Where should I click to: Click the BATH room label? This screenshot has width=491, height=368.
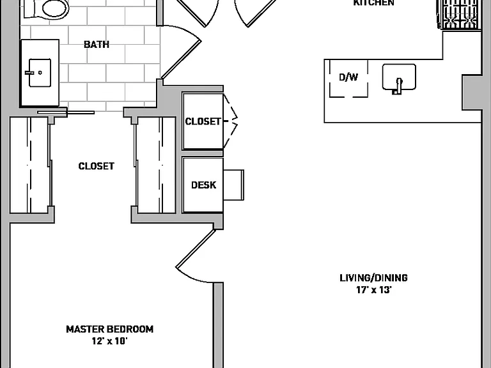pyautogui.click(x=97, y=45)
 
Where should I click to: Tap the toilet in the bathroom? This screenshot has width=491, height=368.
pyautogui.click(x=47, y=9)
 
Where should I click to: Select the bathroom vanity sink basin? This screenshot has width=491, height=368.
pyautogui.click(x=40, y=73)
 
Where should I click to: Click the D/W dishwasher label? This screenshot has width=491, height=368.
pyautogui.click(x=348, y=77)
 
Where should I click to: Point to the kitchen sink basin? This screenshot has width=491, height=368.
pyautogui.click(x=399, y=77)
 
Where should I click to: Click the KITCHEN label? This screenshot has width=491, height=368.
pyautogui.click(x=373, y=3)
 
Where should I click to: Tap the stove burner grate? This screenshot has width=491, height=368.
pyautogui.click(x=460, y=14)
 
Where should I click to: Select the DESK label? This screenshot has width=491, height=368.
pyautogui.click(x=203, y=185)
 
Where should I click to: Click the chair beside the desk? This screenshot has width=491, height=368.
pyautogui.click(x=233, y=185)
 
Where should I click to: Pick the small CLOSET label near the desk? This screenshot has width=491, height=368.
pyautogui.click(x=203, y=121)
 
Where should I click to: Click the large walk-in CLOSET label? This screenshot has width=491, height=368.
pyautogui.click(x=96, y=166)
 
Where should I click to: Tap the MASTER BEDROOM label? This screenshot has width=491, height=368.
pyautogui.click(x=109, y=329)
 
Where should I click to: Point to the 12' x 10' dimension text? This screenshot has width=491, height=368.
pyautogui.click(x=109, y=341)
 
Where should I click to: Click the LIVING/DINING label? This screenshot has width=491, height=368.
pyautogui.click(x=373, y=278)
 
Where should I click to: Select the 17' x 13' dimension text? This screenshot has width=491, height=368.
pyautogui.click(x=373, y=290)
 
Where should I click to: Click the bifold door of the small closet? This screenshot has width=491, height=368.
pyautogui.click(x=230, y=121)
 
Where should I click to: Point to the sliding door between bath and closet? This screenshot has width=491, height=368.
pyautogui.click(x=66, y=112)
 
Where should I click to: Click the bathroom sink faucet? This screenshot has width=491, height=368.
pyautogui.click(x=30, y=73)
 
